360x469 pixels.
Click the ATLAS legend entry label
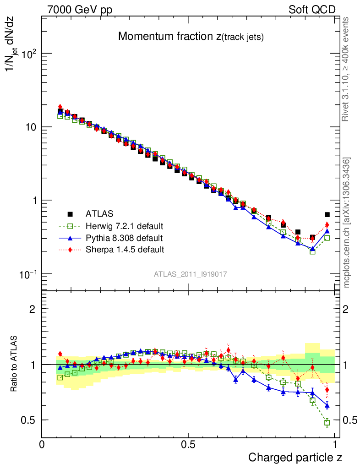tap(99, 213)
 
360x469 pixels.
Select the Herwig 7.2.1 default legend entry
tap(124, 226)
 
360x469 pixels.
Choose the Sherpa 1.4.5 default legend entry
tap(125, 250)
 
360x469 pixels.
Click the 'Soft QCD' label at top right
tap(312, 10)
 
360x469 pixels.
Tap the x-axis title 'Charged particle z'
tap(295, 457)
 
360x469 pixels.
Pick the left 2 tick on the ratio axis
tap(32, 309)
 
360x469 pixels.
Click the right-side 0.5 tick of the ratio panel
tap(349, 420)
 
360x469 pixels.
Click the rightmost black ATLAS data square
tap(327, 214)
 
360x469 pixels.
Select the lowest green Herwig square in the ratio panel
tap(327, 423)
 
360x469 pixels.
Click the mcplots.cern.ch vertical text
tap(347, 223)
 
